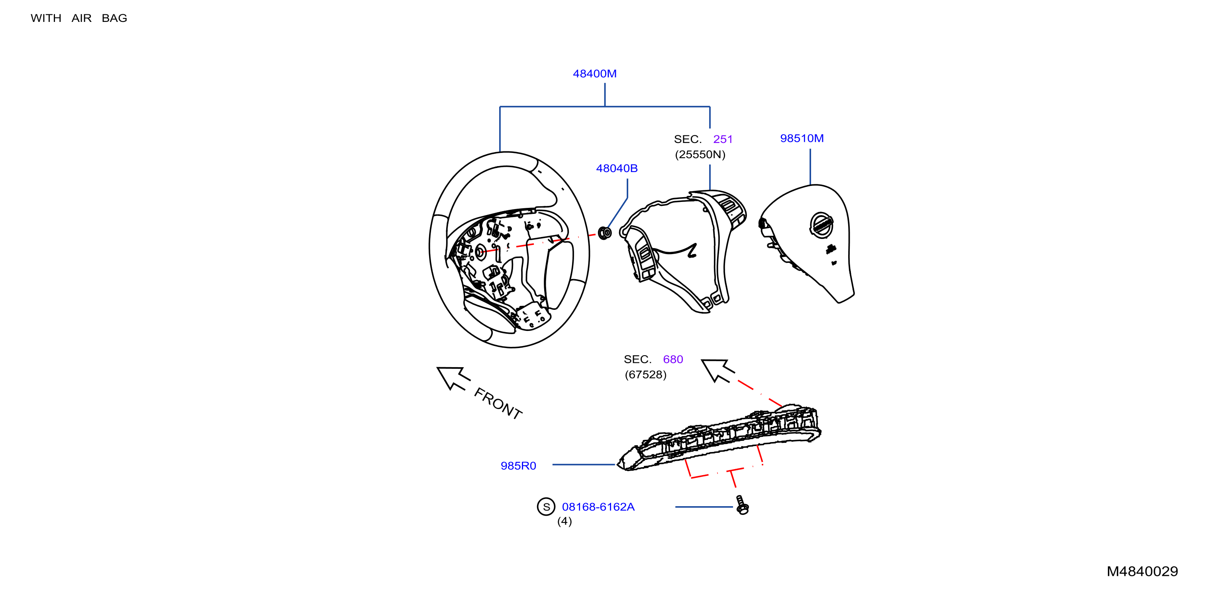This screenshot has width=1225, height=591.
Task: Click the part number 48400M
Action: click(x=594, y=74)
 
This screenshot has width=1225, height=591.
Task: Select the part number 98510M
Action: click(x=802, y=138)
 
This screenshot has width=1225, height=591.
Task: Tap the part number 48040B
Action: click(x=617, y=168)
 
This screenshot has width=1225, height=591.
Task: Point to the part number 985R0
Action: click(x=518, y=466)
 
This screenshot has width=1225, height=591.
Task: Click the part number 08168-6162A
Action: click(x=598, y=507)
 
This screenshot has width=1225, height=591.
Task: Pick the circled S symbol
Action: click(x=546, y=507)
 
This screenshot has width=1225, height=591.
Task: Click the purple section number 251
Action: click(x=723, y=139)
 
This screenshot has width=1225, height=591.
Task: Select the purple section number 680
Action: click(x=673, y=360)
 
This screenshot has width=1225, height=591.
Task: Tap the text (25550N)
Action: click(x=700, y=155)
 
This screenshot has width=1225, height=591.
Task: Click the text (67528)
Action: click(x=645, y=375)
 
